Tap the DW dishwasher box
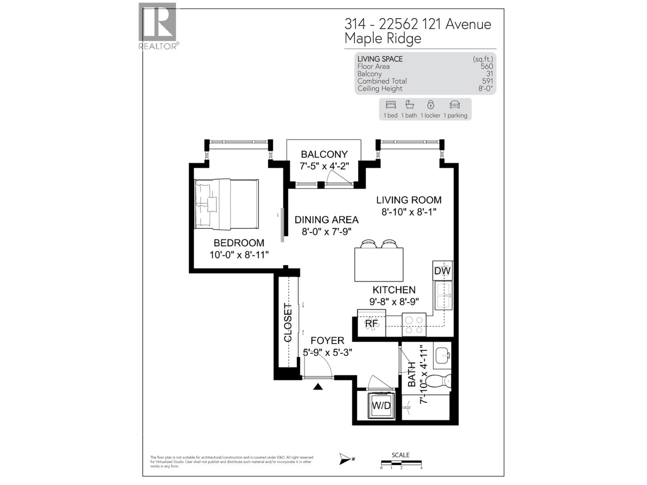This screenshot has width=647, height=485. pyautogui.click(x=442, y=271)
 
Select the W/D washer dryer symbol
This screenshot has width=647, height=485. pyautogui.click(x=381, y=405)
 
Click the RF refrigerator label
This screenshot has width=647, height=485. pyautogui.click(x=372, y=323)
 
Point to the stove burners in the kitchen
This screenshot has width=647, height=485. pyautogui.click(x=414, y=325)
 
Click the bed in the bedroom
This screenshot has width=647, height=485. pyautogui.click(x=226, y=204)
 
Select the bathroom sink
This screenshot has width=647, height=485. pyautogui.click(x=442, y=356)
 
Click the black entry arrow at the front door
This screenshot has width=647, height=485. pyautogui.click(x=319, y=387)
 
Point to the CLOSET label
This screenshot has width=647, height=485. pyautogui.click(x=288, y=323)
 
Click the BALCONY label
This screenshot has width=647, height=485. pyautogui.click(x=324, y=154)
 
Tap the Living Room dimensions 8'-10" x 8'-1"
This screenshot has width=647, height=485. pyautogui.click(x=409, y=212)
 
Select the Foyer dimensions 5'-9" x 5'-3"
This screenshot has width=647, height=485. pyautogui.click(x=328, y=352)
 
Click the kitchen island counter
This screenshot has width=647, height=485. pyautogui.click(x=379, y=265)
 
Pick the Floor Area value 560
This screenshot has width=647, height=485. pyautogui.click(x=486, y=67)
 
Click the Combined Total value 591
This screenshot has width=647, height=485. pyautogui.click(x=487, y=81)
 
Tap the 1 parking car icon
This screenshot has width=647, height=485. pyautogui.click(x=455, y=105)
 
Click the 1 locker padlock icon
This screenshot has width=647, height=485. pyautogui.click(x=430, y=105)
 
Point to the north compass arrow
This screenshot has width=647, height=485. pyautogui.click(x=347, y=459)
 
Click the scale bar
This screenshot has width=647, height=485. pyautogui.click(x=401, y=462)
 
